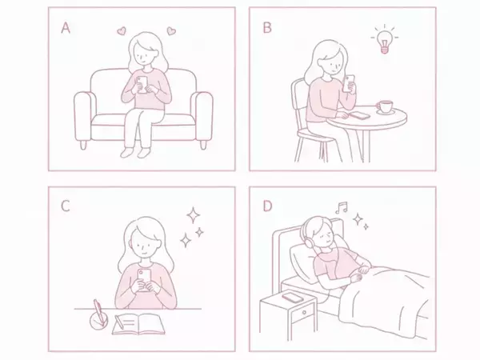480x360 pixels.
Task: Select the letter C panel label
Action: (66, 207)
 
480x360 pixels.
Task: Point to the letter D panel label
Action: (267, 207)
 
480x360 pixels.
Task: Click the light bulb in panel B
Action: (384, 40)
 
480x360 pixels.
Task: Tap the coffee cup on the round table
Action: (385, 107)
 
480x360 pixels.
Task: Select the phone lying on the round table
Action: (361, 115)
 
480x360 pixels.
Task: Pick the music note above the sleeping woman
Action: (342, 207)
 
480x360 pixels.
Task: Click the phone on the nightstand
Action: (292, 298)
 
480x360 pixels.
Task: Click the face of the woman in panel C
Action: (144, 242)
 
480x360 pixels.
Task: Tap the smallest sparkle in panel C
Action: (199, 232)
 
